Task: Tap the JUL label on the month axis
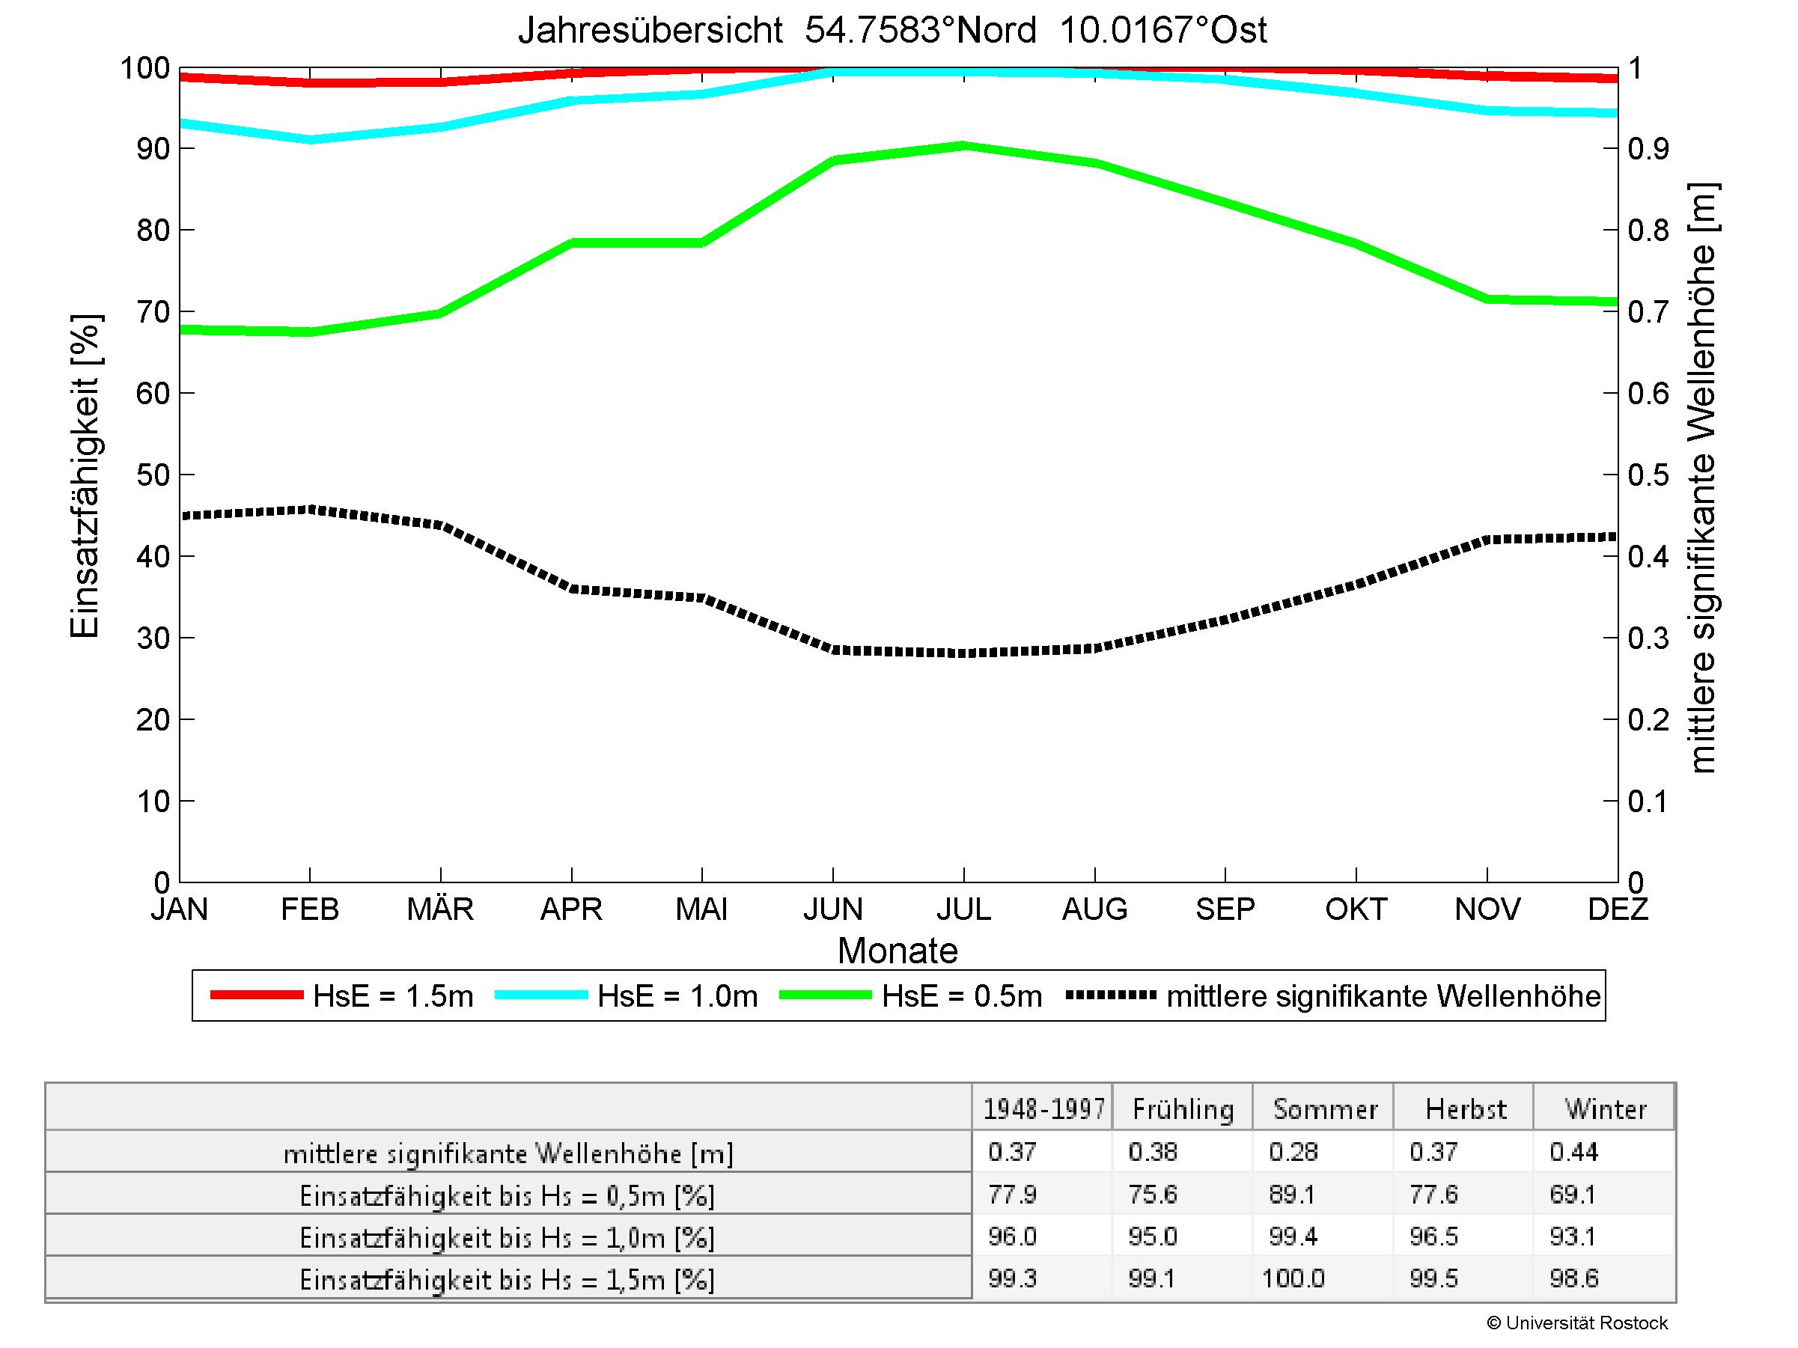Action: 963,909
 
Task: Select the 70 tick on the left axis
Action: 153,312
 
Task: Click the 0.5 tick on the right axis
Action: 1648,475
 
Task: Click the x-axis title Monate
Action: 898,951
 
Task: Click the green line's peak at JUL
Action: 963,146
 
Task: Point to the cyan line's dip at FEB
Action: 310,140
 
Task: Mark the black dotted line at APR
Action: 572,589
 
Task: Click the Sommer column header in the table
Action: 1325,1109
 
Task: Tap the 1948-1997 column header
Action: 1043,1109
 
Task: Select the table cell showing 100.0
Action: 1293,1279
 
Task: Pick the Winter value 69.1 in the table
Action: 1573,1195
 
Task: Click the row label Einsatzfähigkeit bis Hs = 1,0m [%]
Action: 508,1237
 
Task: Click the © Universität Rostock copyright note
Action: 1577,1323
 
